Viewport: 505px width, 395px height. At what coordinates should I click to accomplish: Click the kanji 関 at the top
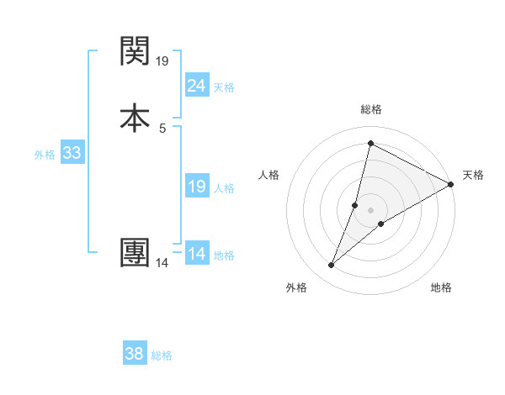135,52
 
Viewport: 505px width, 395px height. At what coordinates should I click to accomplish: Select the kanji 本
135,118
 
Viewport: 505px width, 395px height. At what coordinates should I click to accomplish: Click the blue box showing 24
196,85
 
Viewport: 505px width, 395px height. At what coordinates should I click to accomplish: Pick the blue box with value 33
72,153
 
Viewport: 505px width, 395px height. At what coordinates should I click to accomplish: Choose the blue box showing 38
135,354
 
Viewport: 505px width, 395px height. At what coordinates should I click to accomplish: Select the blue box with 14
196,253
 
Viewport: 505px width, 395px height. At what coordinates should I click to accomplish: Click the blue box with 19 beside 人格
196,187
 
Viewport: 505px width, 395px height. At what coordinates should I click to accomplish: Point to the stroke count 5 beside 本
162,128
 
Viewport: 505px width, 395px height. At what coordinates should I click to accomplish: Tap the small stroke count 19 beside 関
162,61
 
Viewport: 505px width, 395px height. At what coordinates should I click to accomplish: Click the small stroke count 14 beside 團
162,263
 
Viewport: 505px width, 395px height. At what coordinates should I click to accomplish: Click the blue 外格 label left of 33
45,154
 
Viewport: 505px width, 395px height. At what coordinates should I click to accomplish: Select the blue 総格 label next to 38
162,355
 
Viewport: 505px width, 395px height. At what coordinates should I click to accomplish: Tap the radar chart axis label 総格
370,109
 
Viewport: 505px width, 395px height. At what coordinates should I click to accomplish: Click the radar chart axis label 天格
473,175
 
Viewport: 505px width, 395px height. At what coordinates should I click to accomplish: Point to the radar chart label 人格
269,175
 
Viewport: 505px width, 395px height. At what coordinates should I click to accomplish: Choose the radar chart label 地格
441,287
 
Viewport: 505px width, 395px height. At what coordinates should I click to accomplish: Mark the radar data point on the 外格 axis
331,266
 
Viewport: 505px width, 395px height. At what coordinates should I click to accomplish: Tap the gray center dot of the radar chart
370,210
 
